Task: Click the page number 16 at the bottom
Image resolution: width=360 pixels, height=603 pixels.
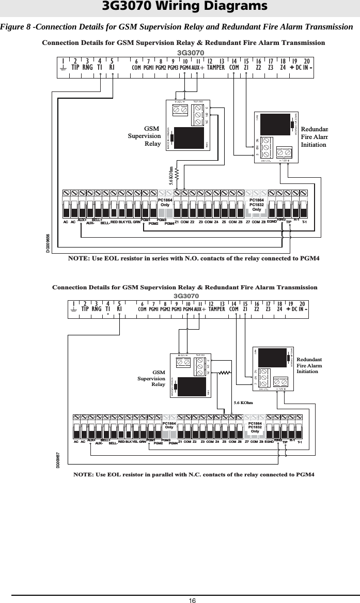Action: click(x=192, y=599)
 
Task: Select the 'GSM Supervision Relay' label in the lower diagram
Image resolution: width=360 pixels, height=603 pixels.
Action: click(x=151, y=378)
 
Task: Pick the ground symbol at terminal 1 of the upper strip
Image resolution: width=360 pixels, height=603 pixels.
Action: click(x=63, y=67)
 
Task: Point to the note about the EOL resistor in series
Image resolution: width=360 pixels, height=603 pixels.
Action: click(x=194, y=258)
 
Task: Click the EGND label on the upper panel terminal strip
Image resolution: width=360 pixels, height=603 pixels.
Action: click(x=272, y=221)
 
